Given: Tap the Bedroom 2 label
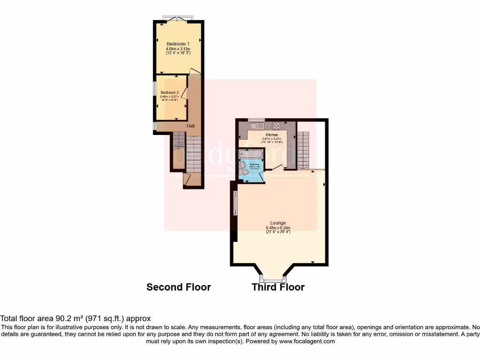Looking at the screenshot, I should click(169, 92).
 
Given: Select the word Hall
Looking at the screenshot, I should click(191, 126).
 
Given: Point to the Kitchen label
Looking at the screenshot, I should click(265, 135).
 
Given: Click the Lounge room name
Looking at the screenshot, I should click(278, 223).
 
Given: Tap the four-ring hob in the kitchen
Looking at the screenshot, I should click(276, 126).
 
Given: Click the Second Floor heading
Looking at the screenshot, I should click(179, 287).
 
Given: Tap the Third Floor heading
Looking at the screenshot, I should click(278, 287).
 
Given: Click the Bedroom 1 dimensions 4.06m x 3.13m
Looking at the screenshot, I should click(178, 49).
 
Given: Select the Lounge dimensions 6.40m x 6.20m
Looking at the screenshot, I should click(278, 228).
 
